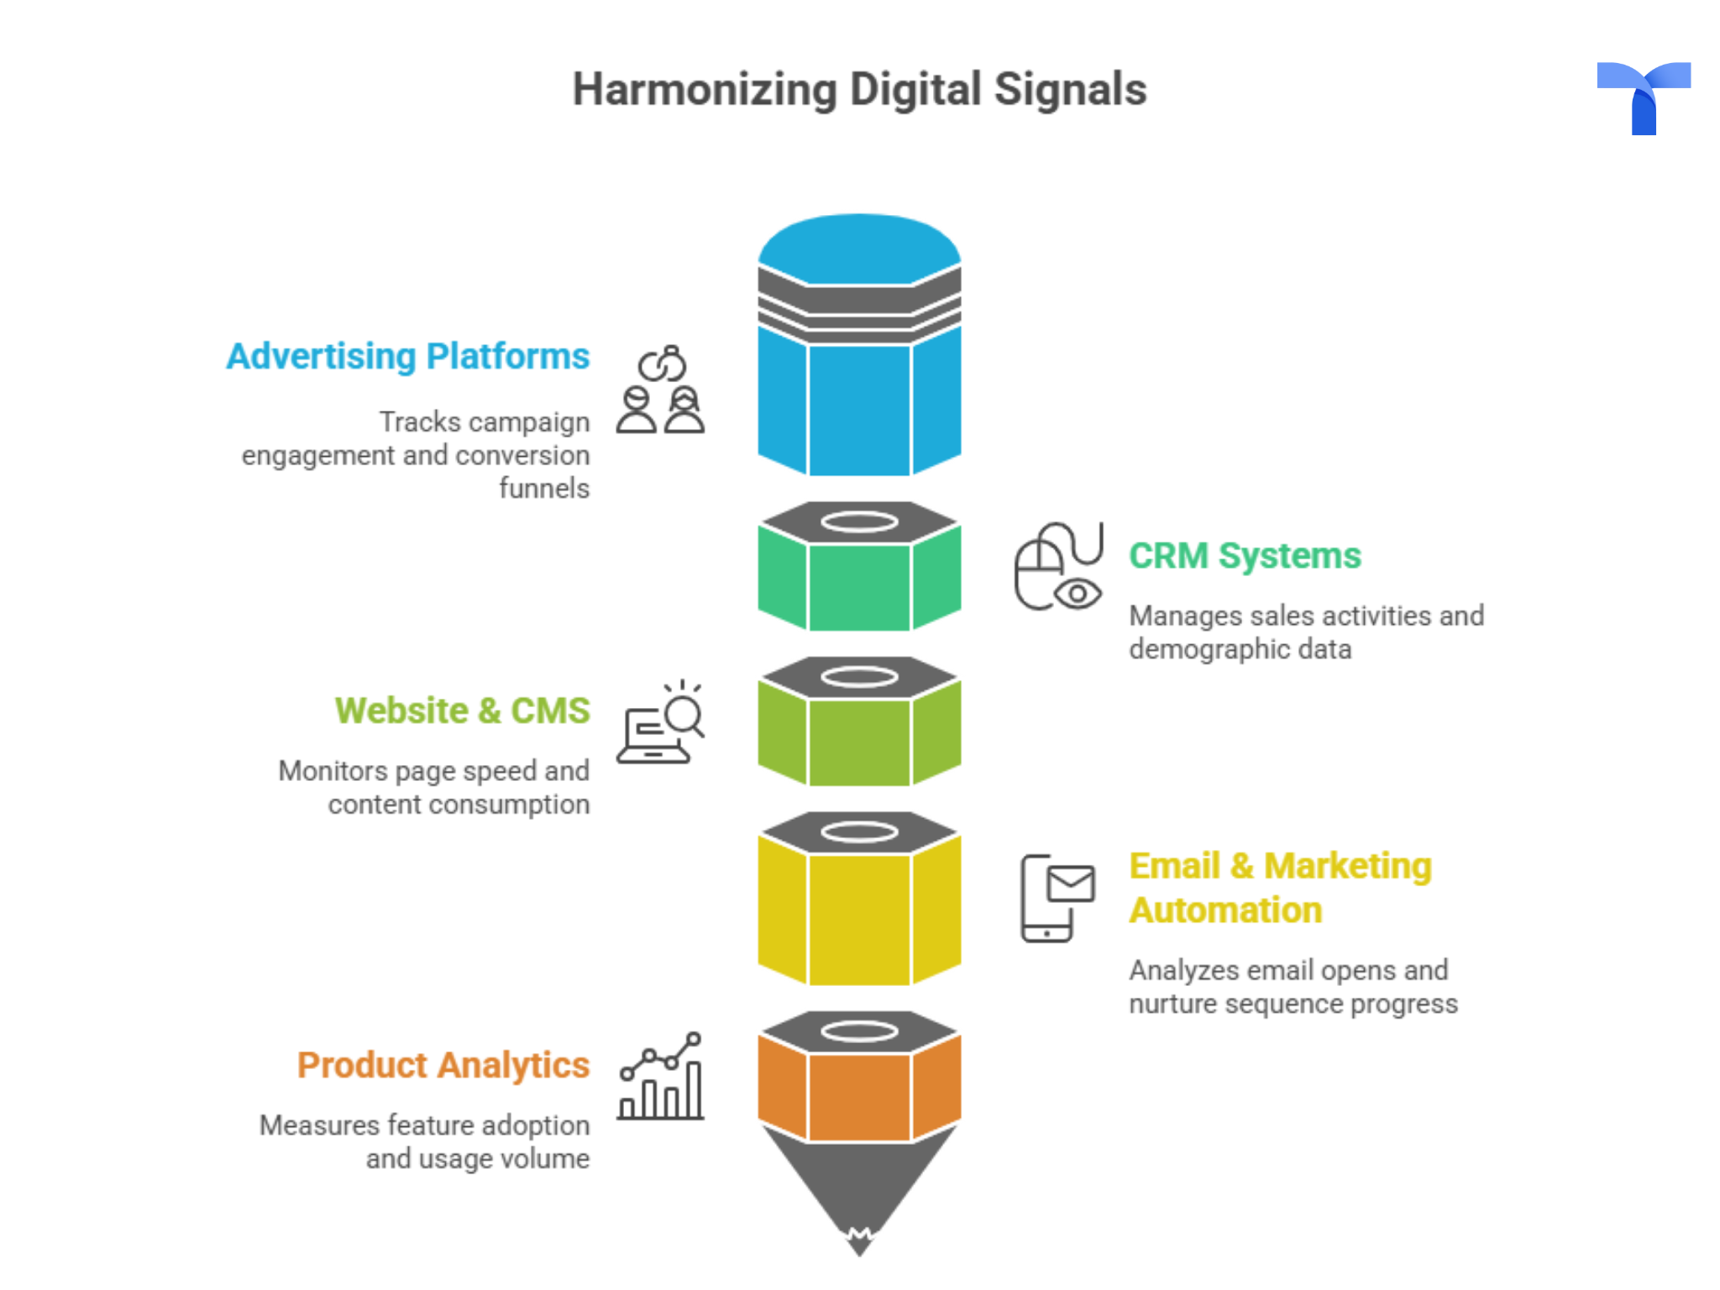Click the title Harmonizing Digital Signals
859,89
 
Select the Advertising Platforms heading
408,356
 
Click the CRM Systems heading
1245,556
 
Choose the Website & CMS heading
462,711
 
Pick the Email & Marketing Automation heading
1280,888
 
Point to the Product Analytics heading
443,1065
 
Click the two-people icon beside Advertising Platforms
661,390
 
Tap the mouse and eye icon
1058,566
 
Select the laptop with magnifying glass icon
661,722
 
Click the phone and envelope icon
1057,898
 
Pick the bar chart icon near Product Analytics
661,1078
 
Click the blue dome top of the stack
859,248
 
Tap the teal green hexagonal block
859,585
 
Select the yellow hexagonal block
859,915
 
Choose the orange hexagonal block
859,1095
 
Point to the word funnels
544,488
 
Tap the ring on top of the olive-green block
859,677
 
